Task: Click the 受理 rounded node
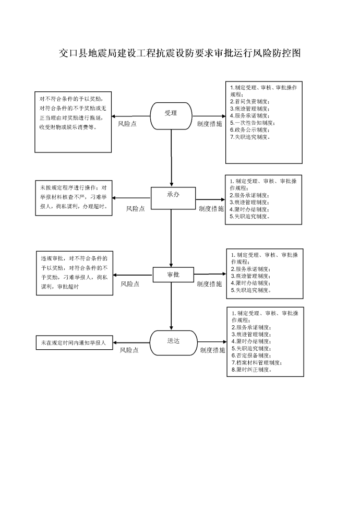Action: pos(171,116)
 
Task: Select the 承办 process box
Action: pos(173,198)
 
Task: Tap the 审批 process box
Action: pos(173,275)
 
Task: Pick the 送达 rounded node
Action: pos(174,343)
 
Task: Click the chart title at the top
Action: pos(179,53)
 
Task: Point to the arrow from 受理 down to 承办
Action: pos(171,158)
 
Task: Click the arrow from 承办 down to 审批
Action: pos(171,238)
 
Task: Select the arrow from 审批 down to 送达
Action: pos(171,306)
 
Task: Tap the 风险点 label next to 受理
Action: pos(127,124)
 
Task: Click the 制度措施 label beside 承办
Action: pos(211,209)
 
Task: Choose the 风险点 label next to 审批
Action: pos(130,284)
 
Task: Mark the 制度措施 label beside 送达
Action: pos(212,350)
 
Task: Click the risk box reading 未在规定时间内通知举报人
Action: pos(74,342)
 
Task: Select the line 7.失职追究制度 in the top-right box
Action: pos(250,137)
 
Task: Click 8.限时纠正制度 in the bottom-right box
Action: pos(251,370)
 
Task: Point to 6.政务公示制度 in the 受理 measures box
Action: pos(250,130)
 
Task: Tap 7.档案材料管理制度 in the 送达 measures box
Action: pos(257,362)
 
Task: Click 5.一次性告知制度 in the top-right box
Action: pos(253,123)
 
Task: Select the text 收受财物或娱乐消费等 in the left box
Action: pos(68,127)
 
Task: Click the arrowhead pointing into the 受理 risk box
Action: pos(114,116)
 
